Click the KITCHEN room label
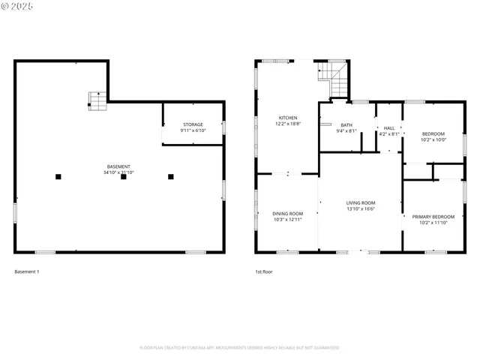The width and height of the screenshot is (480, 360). click(x=288, y=118)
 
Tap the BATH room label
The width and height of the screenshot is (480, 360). click(x=346, y=125)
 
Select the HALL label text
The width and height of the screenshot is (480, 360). click(x=388, y=128)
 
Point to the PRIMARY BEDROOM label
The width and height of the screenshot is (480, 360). click(x=433, y=217)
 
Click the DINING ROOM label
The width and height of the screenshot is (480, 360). click(x=287, y=214)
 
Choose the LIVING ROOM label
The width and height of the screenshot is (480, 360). click(x=360, y=202)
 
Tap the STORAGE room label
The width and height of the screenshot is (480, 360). click(x=193, y=124)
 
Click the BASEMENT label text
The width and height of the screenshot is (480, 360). click(x=118, y=166)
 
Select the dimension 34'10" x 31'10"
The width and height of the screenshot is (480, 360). click(x=118, y=172)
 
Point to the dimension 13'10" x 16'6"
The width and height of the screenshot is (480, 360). click(x=360, y=208)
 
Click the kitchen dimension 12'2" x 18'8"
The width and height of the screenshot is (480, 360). click(x=288, y=124)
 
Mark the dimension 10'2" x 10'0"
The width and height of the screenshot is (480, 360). click(x=433, y=139)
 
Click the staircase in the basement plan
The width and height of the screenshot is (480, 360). click(x=97, y=101)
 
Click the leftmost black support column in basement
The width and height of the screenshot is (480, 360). click(x=58, y=177)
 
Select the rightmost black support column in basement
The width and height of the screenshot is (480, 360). click(x=171, y=177)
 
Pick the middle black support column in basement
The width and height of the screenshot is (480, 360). click(x=124, y=177)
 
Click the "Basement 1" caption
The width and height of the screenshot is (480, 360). click(x=27, y=271)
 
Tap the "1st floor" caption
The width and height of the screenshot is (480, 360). click(x=263, y=271)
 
